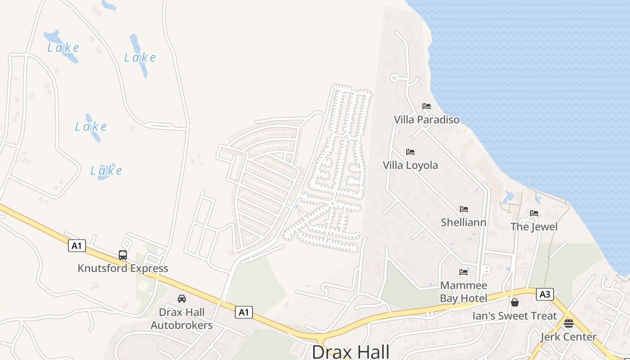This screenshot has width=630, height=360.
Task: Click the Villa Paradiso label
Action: click(427, 120)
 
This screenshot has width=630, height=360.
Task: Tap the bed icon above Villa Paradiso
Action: click(427, 107)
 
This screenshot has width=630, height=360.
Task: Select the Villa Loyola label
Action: click(410, 165)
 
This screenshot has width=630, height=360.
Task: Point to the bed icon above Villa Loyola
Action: click(410, 152)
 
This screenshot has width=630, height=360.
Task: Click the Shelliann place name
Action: click(463, 222)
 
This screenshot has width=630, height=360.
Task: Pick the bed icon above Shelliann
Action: click(464, 209)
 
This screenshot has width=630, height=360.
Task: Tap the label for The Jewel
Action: click(534, 226)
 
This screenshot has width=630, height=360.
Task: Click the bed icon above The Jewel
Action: click(534, 213)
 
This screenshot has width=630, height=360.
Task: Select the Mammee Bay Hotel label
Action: click(463, 292)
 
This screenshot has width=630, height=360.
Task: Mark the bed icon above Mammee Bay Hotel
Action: click(463, 272)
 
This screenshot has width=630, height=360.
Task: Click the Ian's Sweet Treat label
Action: click(515, 316)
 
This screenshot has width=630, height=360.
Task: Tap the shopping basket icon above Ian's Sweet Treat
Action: click(515, 302)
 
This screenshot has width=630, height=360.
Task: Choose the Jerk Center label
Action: click(568, 337)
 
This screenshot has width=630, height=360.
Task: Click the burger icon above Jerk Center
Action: click(569, 323)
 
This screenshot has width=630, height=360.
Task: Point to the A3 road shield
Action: click(544, 295)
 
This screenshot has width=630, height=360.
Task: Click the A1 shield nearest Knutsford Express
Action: click(77, 246)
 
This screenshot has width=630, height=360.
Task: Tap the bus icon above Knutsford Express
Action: click(123, 255)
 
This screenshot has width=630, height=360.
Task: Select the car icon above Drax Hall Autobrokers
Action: click(182, 298)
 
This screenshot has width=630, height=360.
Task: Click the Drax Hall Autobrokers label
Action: click(182, 319)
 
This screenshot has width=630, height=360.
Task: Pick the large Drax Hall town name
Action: click(351, 351)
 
